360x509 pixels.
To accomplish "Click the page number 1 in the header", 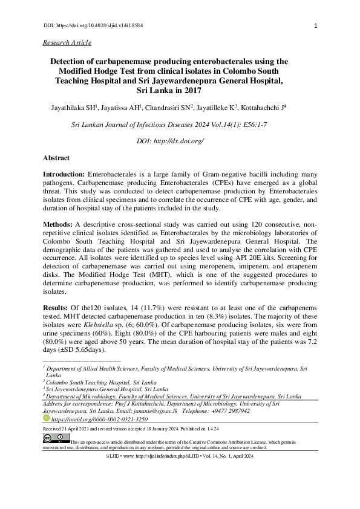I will click(x=317, y=27).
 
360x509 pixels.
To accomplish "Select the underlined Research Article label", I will click(x=67, y=42).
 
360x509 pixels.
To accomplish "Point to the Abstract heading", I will click(x=56, y=158).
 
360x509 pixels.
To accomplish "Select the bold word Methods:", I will click(x=59, y=223).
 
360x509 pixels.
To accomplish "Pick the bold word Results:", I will click(x=57, y=308).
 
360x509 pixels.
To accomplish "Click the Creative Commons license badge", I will click(x=53, y=438).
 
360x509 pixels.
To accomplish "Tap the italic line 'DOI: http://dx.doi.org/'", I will click(x=171, y=141).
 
